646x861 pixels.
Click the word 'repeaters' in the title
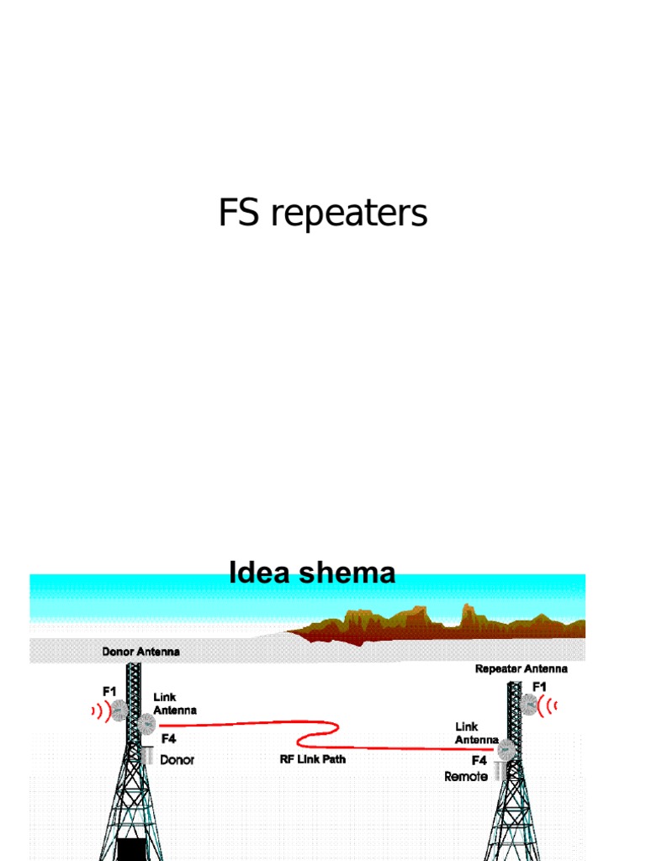click(x=349, y=215)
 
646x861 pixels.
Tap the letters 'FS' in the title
click(x=239, y=214)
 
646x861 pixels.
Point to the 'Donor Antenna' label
click(x=140, y=651)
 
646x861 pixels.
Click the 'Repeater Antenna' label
click(x=521, y=669)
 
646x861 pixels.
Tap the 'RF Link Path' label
click(x=312, y=758)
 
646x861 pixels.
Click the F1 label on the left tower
click(x=109, y=691)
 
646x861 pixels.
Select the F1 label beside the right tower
click(x=538, y=687)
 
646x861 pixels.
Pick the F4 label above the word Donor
click(x=168, y=740)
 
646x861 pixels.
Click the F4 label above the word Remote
click(x=479, y=760)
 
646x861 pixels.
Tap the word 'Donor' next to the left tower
click(x=177, y=760)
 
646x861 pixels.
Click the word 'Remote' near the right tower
click(x=466, y=777)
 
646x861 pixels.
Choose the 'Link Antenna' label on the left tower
click(x=175, y=704)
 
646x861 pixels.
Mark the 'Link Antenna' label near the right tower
click(x=477, y=732)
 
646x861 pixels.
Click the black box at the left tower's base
click(x=130, y=848)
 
